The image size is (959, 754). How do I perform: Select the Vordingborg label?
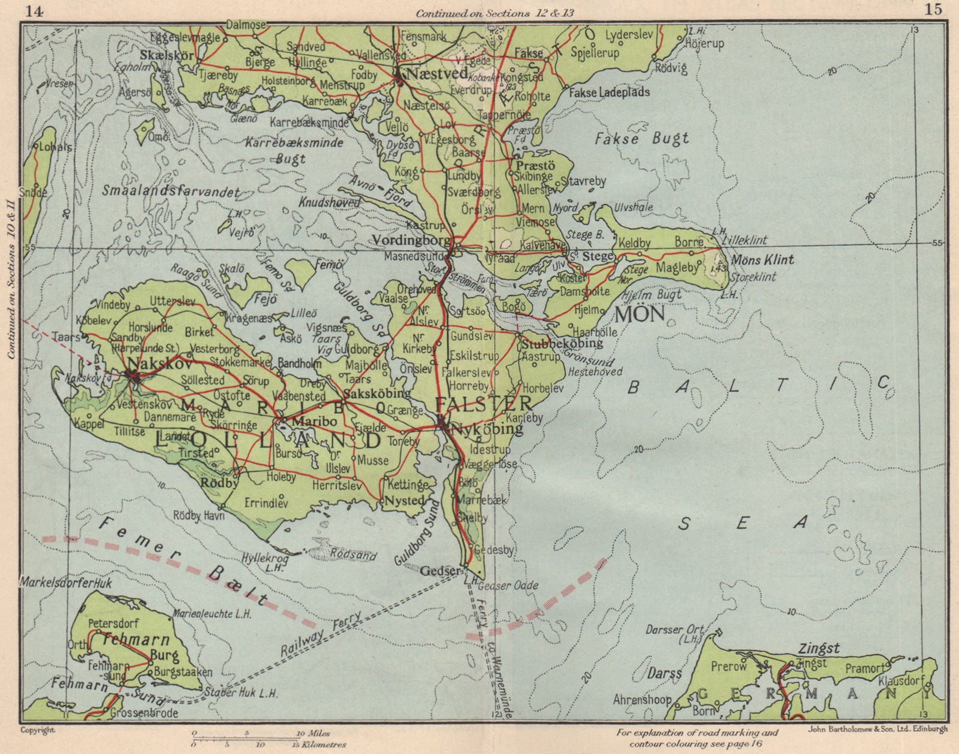click(x=411, y=240)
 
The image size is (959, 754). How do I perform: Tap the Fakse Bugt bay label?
click(x=643, y=140)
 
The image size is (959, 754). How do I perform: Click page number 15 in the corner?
click(x=933, y=8)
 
